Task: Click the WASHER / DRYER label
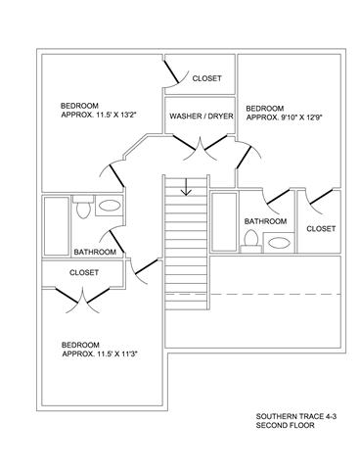(202, 116)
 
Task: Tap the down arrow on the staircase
(186, 187)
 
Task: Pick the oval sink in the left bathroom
(109, 206)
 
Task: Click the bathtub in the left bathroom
(57, 226)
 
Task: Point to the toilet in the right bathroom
(251, 241)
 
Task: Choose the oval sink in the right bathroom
(279, 243)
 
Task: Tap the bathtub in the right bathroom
(224, 222)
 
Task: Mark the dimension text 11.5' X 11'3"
(119, 354)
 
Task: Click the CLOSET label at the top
(206, 78)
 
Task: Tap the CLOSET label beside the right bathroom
(321, 229)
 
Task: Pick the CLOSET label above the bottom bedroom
(84, 272)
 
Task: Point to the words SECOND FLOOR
(285, 425)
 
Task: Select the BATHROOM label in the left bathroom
(95, 252)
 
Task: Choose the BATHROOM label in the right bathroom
(265, 221)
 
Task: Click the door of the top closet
(171, 71)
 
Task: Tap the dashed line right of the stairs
(275, 295)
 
